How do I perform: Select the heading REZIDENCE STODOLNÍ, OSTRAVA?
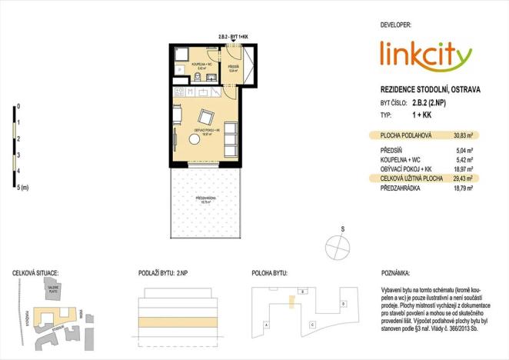(431, 89)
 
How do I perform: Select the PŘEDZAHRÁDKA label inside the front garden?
(205, 198)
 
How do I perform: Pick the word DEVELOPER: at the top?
(401, 25)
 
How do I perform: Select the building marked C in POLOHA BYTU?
(312, 324)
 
